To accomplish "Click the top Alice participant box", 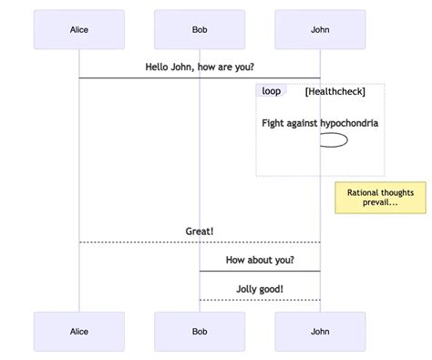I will tap(79, 29).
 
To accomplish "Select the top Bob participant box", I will tap(200, 29).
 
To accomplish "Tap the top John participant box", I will tap(320, 29).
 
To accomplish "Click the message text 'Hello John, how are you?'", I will tap(200, 67).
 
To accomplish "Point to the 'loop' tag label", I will tap(271, 91).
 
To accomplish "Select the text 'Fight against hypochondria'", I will tap(320, 123).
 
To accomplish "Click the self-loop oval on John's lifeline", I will tap(334, 140).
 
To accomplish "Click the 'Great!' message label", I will tap(200, 231).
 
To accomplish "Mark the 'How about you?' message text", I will tap(260, 261).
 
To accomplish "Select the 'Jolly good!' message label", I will tap(260, 289).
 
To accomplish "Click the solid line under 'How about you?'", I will tap(260, 272).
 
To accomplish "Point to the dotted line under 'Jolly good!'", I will tap(260, 300).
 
